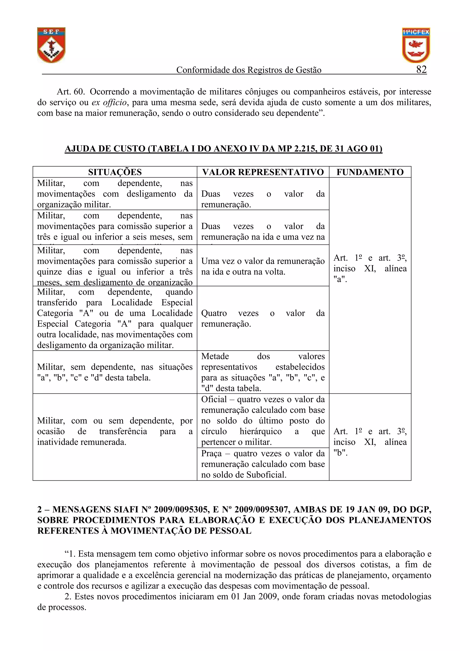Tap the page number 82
click(x=421, y=69)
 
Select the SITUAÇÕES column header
click(x=115, y=172)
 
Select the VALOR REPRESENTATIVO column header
click(x=263, y=172)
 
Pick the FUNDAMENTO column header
click(x=370, y=172)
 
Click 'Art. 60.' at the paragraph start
click(x=71, y=92)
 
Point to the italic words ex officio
click(x=109, y=102)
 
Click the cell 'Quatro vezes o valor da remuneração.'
click(x=263, y=318)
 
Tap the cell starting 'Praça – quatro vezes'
click(x=263, y=464)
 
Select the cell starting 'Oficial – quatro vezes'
click(x=263, y=420)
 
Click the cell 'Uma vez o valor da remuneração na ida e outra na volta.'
click(x=263, y=266)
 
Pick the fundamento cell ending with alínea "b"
click(x=370, y=442)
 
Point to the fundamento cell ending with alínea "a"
click(x=370, y=269)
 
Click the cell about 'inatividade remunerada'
click(x=115, y=431)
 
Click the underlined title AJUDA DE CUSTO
click(x=223, y=149)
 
